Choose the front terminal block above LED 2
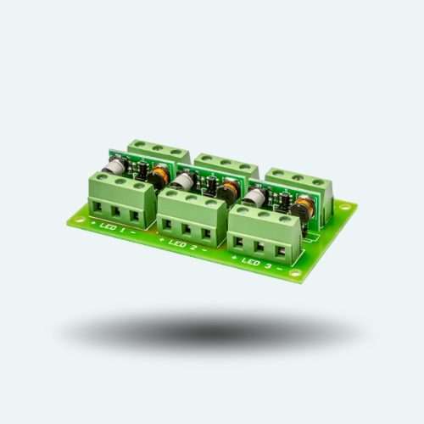click(x=191, y=215)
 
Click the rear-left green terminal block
click(x=159, y=153)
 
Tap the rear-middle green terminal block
click(x=226, y=165)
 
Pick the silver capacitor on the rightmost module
click(x=254, y=197)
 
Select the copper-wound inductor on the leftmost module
click(x=159, y=177)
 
